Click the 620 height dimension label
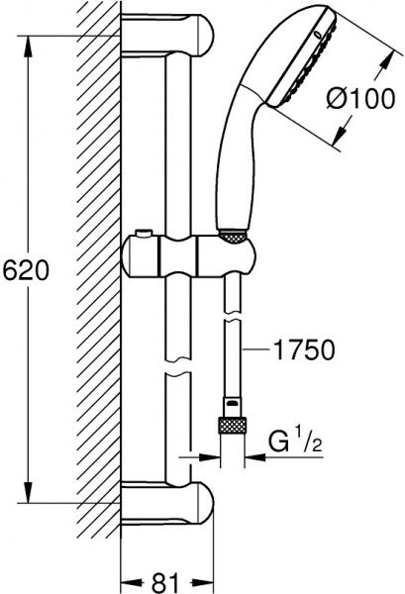coord(26,270)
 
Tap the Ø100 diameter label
coord(360,98)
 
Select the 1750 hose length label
coord(304,349)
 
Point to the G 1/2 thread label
coord(295,441)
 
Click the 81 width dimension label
coord(165,582)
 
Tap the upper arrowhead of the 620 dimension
coord(28,47)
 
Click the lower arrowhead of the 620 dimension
coord(28,492)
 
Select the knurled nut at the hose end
coord(233,425)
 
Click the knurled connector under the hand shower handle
coord(233,237)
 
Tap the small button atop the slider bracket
coord(144,234)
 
